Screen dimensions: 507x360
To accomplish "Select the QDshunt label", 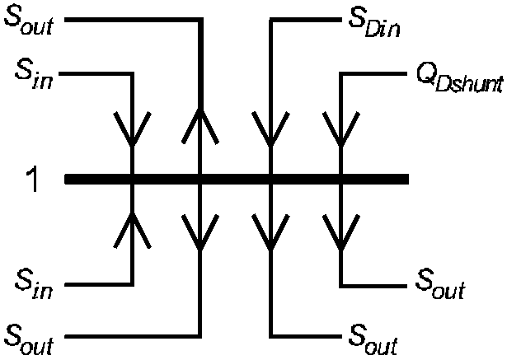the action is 459,80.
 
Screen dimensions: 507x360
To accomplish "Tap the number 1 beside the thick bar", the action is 31,180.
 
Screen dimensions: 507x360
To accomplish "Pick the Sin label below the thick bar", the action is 34,285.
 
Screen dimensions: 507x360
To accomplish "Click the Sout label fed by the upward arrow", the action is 29,20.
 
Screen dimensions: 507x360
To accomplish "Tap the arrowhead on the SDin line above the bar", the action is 271,129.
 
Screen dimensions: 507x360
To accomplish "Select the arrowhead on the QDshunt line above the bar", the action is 341,129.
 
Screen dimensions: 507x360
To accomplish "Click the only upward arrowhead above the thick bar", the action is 200,125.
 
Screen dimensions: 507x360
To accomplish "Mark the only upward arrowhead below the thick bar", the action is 132,230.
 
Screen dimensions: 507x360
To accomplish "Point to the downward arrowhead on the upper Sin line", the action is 132,129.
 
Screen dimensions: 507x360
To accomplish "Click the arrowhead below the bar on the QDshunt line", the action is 341,232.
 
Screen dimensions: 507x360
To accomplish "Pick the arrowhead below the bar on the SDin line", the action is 271,232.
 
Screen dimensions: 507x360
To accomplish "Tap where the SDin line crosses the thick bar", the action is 271,179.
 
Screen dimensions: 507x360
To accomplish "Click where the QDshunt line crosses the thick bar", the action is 341,179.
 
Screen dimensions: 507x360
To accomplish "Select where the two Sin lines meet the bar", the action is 132,179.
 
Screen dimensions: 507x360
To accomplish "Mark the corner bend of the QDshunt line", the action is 341,74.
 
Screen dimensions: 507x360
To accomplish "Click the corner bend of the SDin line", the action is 271,20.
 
